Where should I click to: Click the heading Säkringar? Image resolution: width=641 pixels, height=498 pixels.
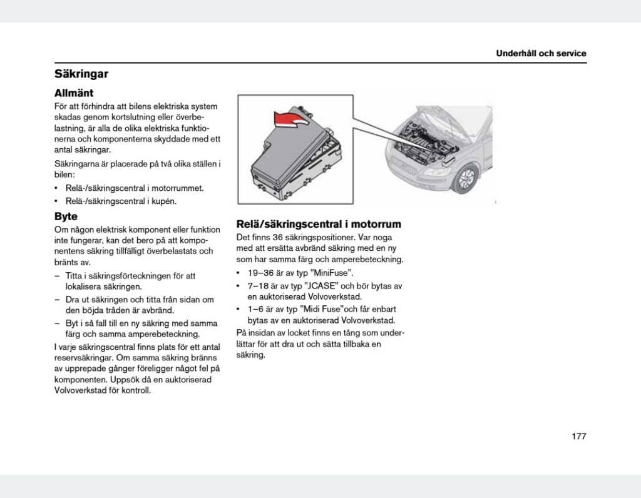81,74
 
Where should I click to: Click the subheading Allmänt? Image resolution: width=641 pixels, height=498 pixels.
74,93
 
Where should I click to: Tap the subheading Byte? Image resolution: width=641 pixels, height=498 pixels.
66,216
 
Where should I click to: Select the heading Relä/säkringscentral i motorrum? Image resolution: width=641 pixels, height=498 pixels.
319,224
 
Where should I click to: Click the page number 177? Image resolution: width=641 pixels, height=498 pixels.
578,436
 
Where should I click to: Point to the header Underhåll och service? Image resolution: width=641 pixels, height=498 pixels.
541,53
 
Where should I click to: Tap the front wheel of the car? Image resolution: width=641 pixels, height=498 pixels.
466,178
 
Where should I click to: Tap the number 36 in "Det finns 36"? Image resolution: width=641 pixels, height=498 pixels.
279,237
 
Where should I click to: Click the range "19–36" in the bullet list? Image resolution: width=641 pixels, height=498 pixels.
259,273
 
